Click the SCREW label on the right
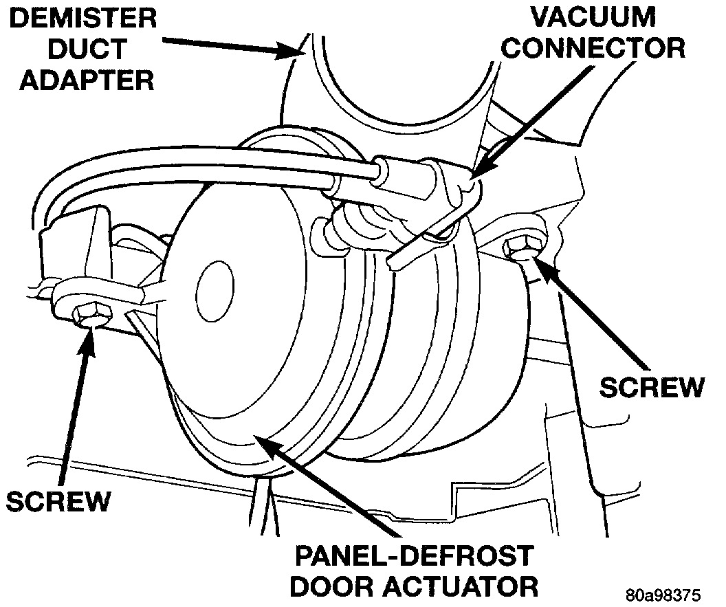coord(652,386)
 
